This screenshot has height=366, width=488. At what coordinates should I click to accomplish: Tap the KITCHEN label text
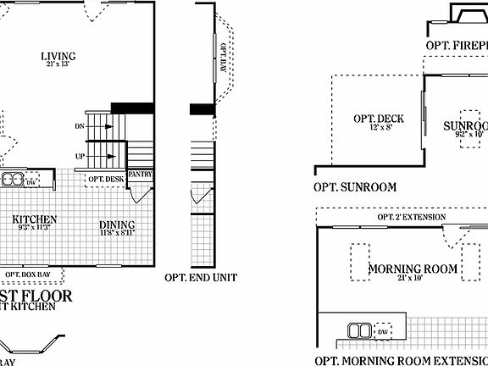tap(35, 219)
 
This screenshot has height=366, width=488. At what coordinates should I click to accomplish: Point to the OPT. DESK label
tap(106, 179)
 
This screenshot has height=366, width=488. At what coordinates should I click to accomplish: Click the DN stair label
tap(80, 126)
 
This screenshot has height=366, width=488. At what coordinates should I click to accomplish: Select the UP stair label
tap(80, 156)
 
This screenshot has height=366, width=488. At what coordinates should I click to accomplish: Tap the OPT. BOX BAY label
tap(33, 274)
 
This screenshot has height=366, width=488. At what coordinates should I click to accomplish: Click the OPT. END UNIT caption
tap(201, 277)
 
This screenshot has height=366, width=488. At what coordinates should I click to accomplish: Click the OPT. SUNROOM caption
tap(355, 188)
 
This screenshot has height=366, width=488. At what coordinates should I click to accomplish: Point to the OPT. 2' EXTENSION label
tap(411, 218)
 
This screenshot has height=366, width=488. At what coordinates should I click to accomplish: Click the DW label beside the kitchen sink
tap(30, 182)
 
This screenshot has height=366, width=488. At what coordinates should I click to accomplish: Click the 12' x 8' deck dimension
tap(379, 128)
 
